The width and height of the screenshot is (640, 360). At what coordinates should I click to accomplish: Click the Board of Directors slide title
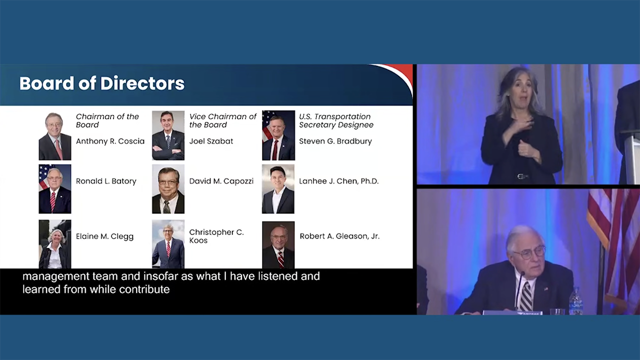pyautogui.click(x=101, y=83)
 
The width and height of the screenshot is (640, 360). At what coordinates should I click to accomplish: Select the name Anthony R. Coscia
pyautogui.click(x=110, y=141)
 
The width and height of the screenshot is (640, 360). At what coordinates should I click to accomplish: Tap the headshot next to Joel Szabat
pyautogui.click(x=168, y=135)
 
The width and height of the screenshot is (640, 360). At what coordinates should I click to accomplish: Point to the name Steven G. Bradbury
pyautogui.click(x=335, y=141)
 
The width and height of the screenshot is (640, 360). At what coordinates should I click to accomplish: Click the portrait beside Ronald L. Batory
pyautogui.click(x=55, y=189)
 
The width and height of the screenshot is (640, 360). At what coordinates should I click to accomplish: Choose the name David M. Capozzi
pyautogui.click(x=221, y=181)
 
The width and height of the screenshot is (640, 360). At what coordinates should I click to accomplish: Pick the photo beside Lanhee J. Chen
pyautogui.click(x=278, y=189)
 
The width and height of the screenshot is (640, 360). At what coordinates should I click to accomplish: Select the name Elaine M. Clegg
pyautogui.click(x=104, y=236)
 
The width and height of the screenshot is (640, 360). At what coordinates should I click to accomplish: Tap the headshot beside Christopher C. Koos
pyautogui.click(x=168, y=244)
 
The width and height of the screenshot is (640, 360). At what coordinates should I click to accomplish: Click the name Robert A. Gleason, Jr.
pyautogui.click(x=339, y=236)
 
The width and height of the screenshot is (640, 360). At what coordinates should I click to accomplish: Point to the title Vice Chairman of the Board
pyautogui.click(x=222, y=120)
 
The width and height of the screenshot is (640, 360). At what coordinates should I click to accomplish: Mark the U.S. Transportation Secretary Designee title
pyautogui.click(x=336, y=120)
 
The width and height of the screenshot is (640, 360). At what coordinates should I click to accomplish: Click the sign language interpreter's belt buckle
pyautogui.click(x=522, y=176)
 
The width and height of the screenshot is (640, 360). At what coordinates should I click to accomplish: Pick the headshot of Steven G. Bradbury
pyautogui.click(x=278, y=135)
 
